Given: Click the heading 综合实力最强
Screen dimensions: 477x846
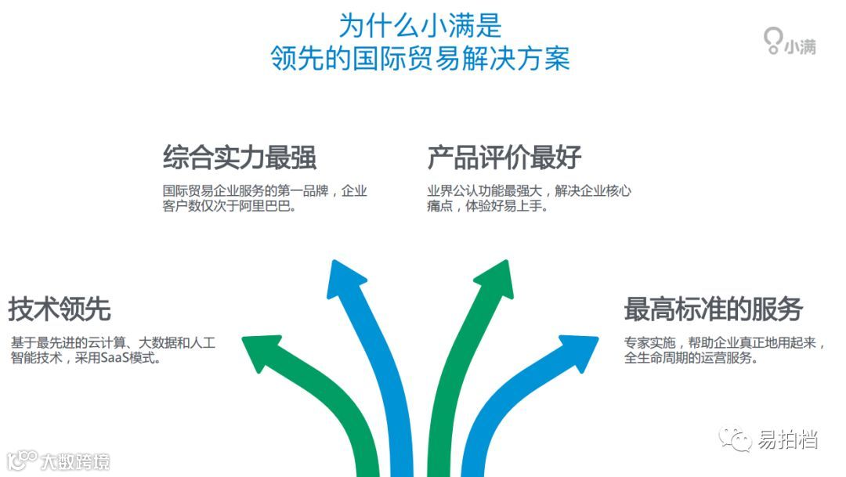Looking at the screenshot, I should point(239,157).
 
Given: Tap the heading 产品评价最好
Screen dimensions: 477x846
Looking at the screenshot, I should point(504,157).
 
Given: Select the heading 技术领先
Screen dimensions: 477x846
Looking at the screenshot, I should point(60,309).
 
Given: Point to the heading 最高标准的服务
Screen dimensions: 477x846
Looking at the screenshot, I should point(713,309).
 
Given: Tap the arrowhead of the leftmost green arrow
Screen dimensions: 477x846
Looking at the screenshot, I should point(262,352).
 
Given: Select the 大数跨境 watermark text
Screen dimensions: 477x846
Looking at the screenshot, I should point(75,461).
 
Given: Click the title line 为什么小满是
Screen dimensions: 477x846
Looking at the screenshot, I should point(420,25).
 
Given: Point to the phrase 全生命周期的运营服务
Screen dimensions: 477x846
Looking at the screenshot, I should point(689,359).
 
